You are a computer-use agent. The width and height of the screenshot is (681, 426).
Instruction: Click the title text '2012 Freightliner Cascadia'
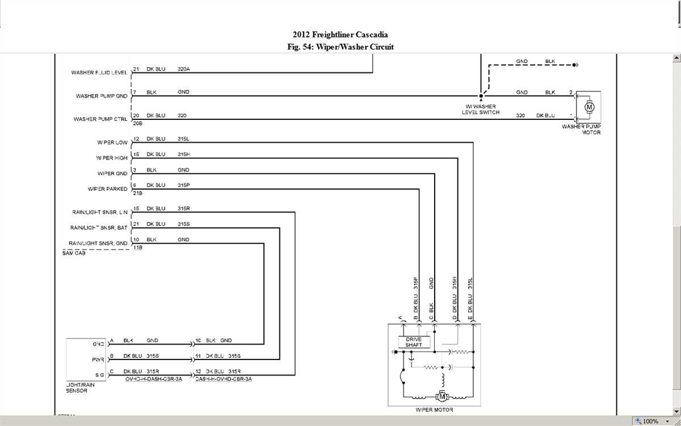point(340,35)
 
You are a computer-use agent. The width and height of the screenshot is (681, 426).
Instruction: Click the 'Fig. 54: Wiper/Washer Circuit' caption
point(340,47)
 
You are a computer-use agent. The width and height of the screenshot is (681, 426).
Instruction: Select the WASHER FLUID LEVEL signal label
point(99,73)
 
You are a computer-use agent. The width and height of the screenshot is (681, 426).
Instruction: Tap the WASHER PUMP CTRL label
point(100,119)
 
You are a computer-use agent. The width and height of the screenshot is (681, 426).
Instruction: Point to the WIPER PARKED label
point(107,189)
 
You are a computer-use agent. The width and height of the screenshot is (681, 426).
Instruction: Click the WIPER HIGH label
point(112,158)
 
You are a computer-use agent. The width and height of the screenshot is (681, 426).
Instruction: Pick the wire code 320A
point(184,69)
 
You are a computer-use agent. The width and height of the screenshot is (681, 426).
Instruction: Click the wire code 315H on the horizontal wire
point(183,154)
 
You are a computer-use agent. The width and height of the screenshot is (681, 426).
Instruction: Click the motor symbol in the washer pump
point(588,107)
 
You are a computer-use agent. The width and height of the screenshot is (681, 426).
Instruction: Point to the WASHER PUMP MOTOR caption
point(581,130)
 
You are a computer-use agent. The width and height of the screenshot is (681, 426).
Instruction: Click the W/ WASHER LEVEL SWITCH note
point(481,110)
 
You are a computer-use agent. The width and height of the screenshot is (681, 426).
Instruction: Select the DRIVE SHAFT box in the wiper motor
point(414,342)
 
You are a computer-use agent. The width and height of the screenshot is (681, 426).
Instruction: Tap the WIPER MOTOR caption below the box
point(434,410)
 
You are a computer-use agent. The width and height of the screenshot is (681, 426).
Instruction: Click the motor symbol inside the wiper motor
point(440,397)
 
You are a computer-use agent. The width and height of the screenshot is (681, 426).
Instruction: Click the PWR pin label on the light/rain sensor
point(98,360)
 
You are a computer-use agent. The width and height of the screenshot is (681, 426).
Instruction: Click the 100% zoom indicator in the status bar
point(650,421)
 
